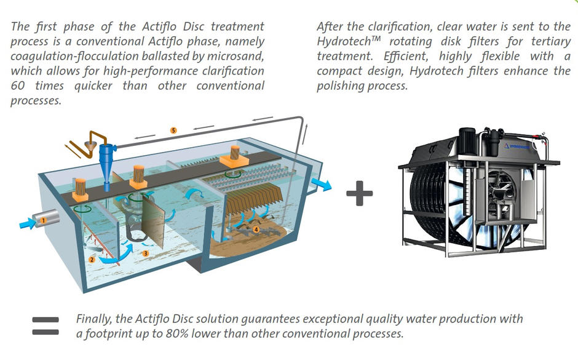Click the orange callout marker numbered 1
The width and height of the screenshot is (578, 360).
43,220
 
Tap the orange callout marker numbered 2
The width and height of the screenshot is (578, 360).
92,260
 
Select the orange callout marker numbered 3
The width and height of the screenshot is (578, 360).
146,254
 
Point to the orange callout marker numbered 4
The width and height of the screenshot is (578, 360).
256,230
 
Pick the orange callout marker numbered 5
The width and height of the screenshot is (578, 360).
173,130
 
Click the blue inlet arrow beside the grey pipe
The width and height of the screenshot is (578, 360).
28,223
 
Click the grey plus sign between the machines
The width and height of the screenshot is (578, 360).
360,193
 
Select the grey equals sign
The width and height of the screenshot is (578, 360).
46,326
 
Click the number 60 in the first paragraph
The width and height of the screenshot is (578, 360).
18,86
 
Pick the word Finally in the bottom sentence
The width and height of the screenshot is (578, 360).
94,319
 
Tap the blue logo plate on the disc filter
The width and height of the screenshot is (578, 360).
517,146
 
